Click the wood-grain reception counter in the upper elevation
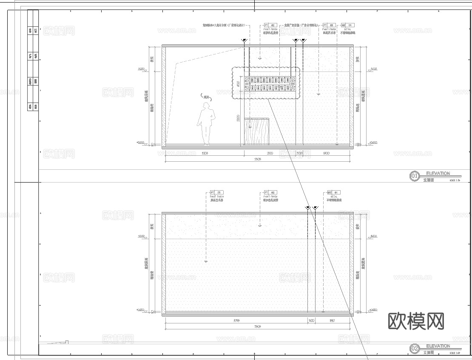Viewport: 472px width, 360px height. [x=257, y=131]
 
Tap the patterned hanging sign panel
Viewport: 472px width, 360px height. [x=267, y=83]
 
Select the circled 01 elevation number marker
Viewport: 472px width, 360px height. [x=415, y=176]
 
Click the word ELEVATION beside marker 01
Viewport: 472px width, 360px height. [x=438, y=174]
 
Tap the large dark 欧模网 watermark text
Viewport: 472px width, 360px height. [x=416, y=321]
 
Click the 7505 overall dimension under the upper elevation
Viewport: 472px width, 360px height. [x=257, y=159]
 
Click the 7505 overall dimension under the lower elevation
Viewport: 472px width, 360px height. [x=257, y=326]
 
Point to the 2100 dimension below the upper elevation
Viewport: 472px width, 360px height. [x=270, y=153]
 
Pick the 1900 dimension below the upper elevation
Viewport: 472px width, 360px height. [x=327, y=153]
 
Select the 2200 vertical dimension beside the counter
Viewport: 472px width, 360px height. [x=238, y=117]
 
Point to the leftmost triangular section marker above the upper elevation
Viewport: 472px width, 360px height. [x=244, y=41]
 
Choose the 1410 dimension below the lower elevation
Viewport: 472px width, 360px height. [x=333, y=320]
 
